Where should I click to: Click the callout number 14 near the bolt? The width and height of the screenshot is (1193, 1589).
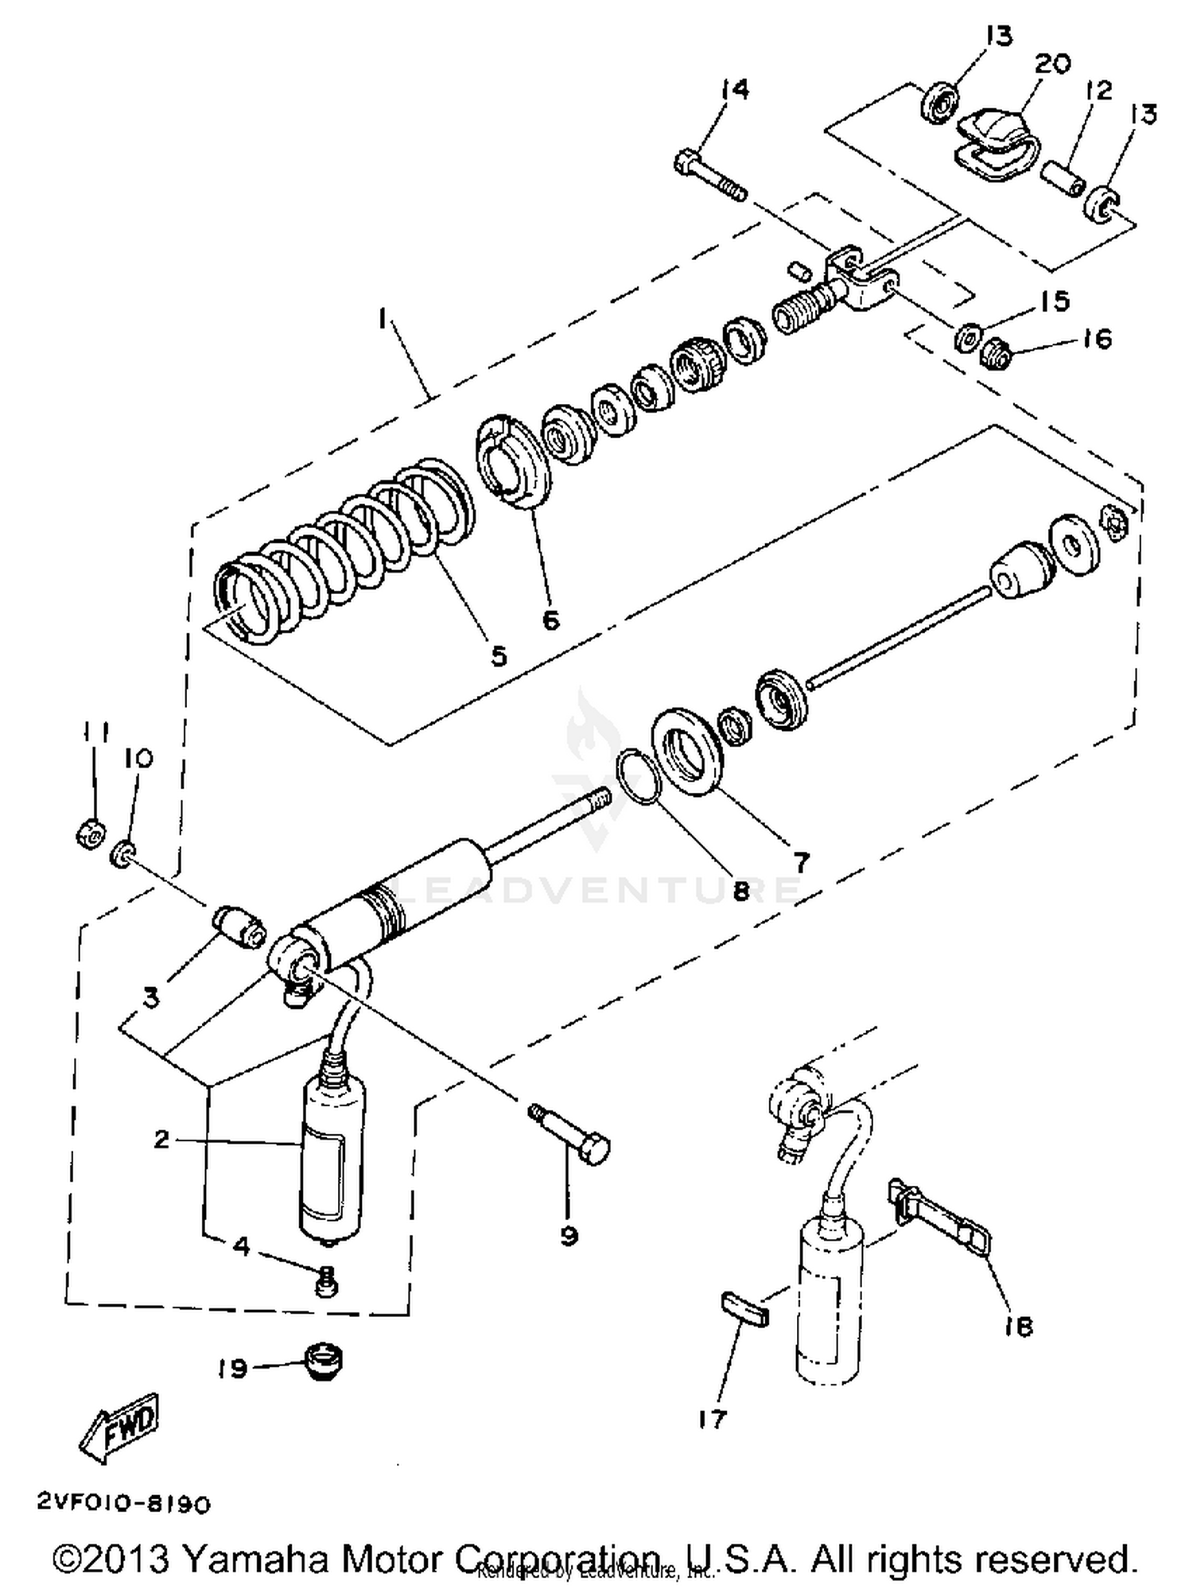point(735,89)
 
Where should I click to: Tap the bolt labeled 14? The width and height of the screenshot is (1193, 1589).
point(709,177)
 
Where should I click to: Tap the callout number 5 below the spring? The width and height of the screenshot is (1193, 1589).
point(498,655)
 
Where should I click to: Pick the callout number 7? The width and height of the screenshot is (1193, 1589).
point(800,861)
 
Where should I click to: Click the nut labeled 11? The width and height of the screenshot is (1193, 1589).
point(91,833)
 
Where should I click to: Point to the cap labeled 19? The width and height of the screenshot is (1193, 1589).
point(323,1362)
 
